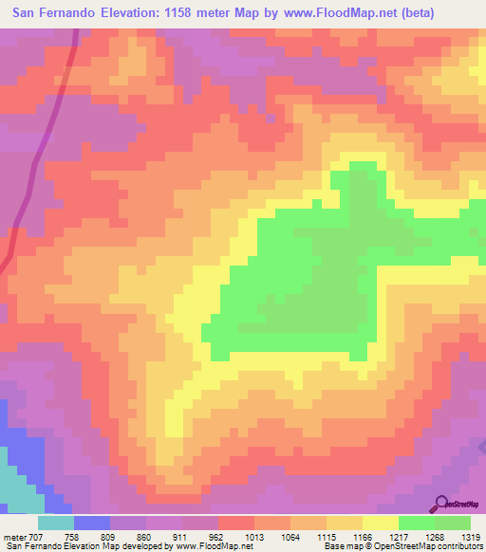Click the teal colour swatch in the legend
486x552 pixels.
56,523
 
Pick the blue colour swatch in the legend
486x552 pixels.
92,523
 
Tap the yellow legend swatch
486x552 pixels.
380,523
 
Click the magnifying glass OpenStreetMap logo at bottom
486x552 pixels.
442,503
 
